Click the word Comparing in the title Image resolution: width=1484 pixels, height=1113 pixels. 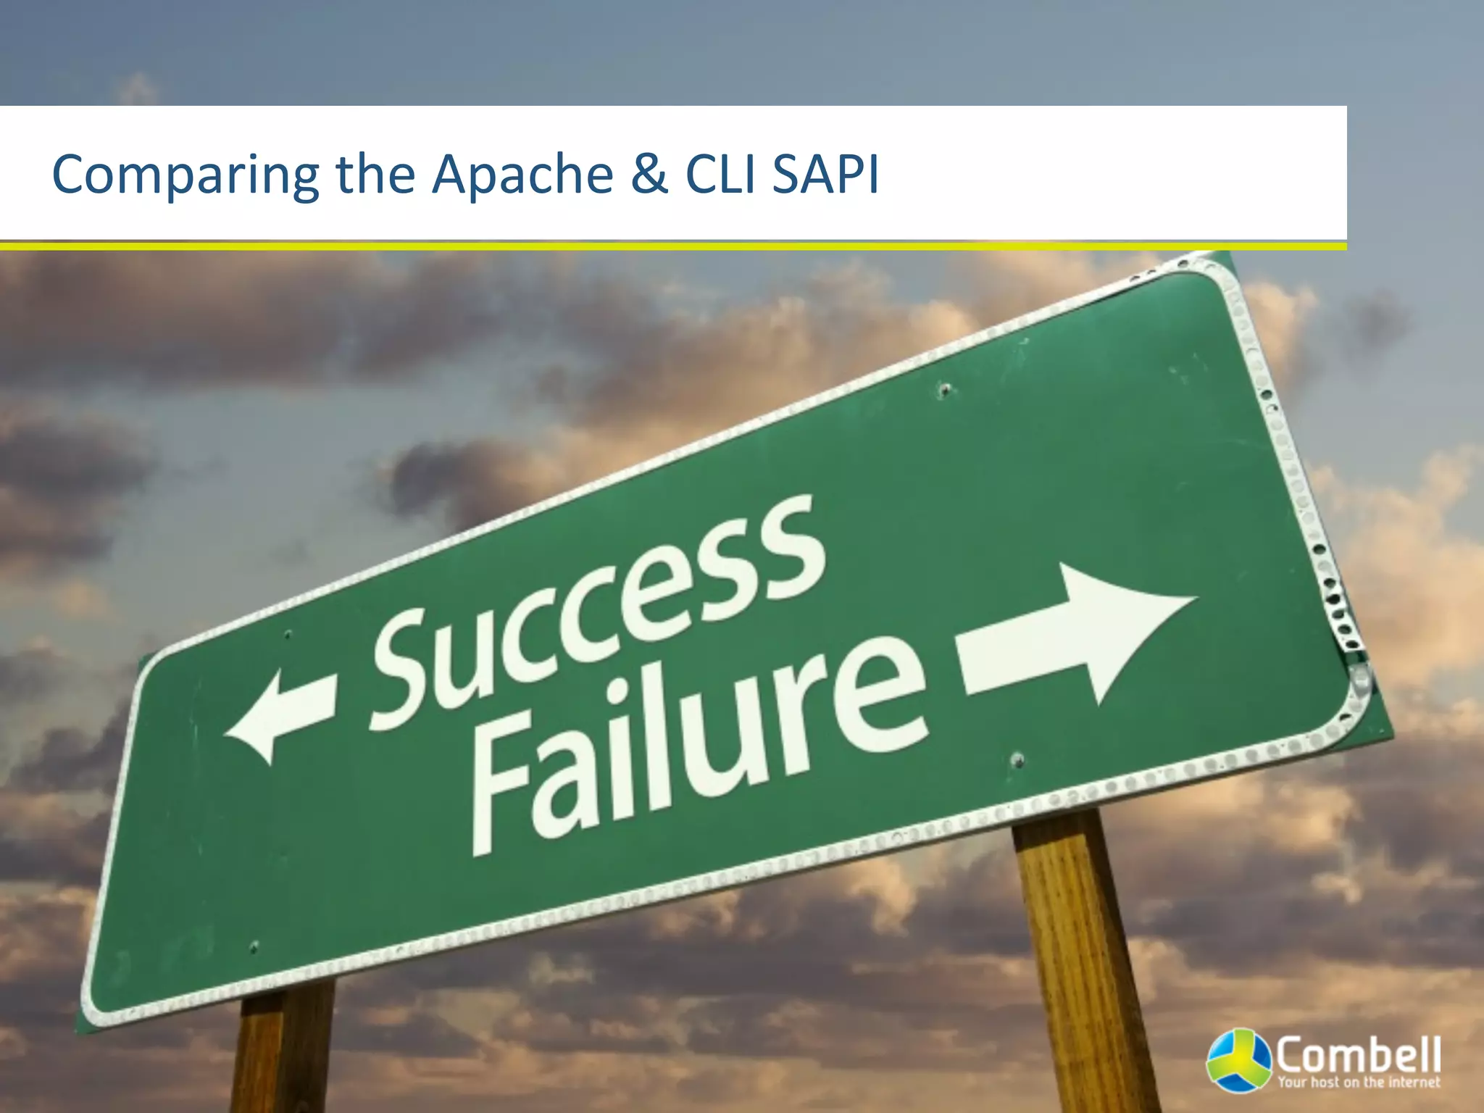pyautogui.click(x=185, y=175)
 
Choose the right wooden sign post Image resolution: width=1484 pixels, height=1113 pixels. pyautogui.click(x=1080, y=956)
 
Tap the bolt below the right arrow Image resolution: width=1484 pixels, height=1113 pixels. pyautogui.click(x=1017, y=760)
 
